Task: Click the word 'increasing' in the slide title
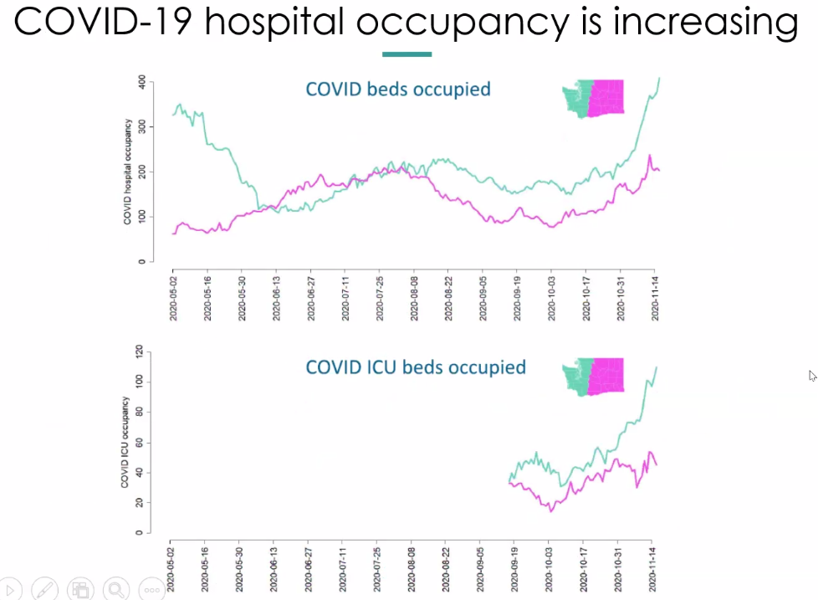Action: click(705, 23)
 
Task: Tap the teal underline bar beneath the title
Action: click(406, 54)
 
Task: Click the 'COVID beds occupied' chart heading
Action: click(398, 89)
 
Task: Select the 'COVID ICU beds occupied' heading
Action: click(416, 367)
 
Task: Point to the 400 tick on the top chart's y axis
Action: click(142, 82)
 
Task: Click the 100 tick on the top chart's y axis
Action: click(142, 217)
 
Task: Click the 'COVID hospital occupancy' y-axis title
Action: click(128, 172)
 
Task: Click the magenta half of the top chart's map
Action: click(607, 97)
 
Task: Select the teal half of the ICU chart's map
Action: click(578, 377)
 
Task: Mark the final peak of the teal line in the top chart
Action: click(659, 78)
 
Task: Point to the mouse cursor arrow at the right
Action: click(812, 376)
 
